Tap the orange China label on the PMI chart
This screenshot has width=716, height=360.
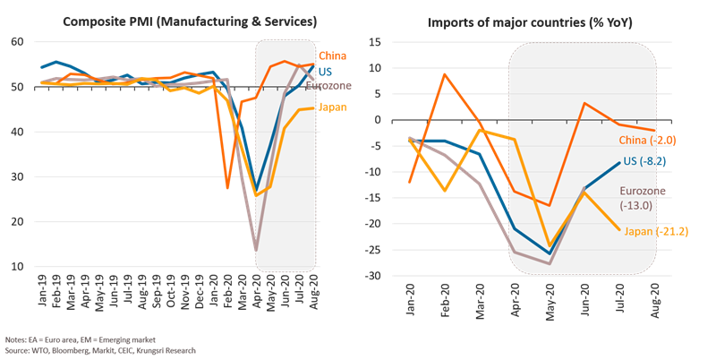331,56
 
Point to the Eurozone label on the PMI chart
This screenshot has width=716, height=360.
328,86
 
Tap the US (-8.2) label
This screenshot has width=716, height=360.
646,160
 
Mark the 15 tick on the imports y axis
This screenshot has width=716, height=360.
375,42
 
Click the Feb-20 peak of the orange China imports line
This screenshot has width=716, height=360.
445,73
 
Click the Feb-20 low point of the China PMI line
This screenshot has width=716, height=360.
228,188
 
